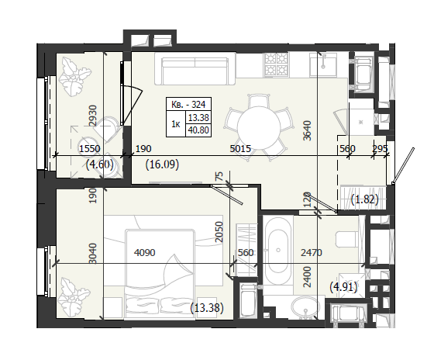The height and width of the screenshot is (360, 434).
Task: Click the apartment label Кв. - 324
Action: tap(188, 105)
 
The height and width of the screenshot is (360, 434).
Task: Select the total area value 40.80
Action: tap(198, 130)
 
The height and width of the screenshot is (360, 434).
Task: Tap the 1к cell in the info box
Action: tap(176, 124)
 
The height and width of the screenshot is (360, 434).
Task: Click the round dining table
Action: tap(259, 128)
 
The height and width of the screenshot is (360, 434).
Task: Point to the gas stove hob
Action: tap(276, 64)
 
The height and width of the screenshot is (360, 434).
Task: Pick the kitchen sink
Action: tap(323, 64)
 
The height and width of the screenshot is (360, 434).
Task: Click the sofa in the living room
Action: tap(195, 68)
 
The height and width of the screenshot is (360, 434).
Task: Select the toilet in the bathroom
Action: tap(348, 239)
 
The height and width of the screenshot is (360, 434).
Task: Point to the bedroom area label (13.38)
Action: tap(207, 307)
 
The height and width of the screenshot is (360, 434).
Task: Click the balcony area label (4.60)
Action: tap(100, 164)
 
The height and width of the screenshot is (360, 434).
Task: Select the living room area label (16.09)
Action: tap(162, 164)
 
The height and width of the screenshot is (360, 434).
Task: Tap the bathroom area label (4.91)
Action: tap(343, 287)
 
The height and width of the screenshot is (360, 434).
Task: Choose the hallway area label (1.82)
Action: tap(364, 199)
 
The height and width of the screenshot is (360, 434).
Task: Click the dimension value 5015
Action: tap(240, 149)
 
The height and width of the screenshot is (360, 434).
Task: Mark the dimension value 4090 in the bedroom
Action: tap(144, 252)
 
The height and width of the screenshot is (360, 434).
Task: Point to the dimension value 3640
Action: tap(307, 130)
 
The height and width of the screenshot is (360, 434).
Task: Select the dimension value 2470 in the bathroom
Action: tap(312, 252)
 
